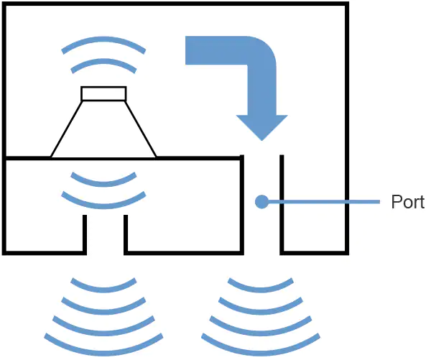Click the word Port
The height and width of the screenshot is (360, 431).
click(407, 202)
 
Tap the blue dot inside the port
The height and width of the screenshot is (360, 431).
click(262, 202)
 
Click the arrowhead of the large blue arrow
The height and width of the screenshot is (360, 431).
click(262, 126)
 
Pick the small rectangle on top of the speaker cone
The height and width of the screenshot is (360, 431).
click(103, 93)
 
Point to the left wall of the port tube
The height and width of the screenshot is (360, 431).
click(241, 205)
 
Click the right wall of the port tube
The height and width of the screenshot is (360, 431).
click(282, 205)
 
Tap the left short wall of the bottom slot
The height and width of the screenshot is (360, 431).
click(85, 233)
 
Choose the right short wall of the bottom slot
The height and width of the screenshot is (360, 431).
click(126, 233)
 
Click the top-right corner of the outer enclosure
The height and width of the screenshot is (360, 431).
click(348, 4)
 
